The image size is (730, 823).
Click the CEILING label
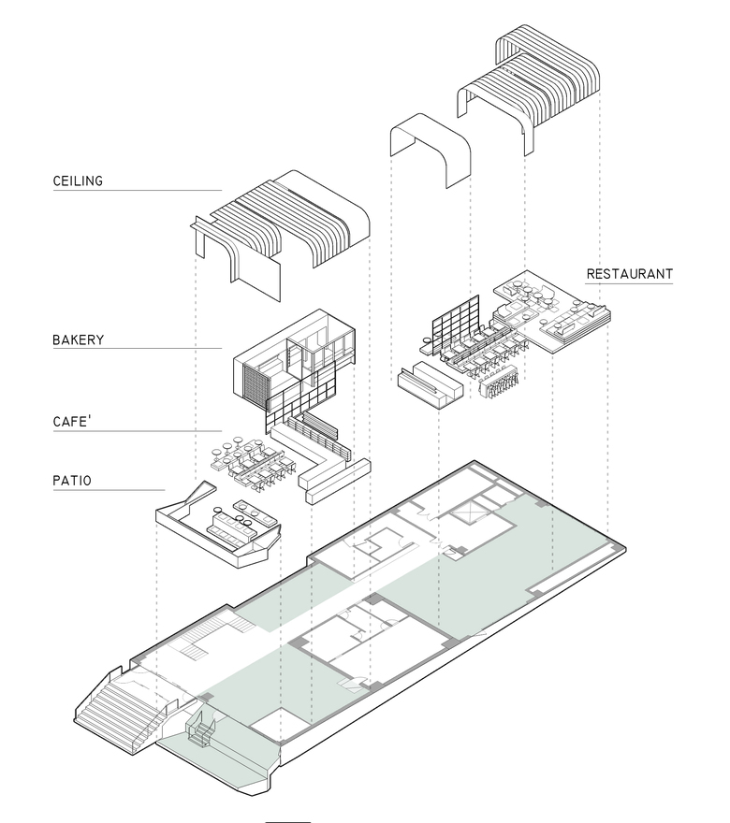(x=78, y=180)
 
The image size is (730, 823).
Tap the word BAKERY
(x=78, y=339)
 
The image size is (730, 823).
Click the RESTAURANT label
(x=629, y=274)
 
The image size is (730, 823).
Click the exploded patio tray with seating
(x=217, y=531)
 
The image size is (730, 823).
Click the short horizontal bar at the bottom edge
(x=287, y=820)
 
